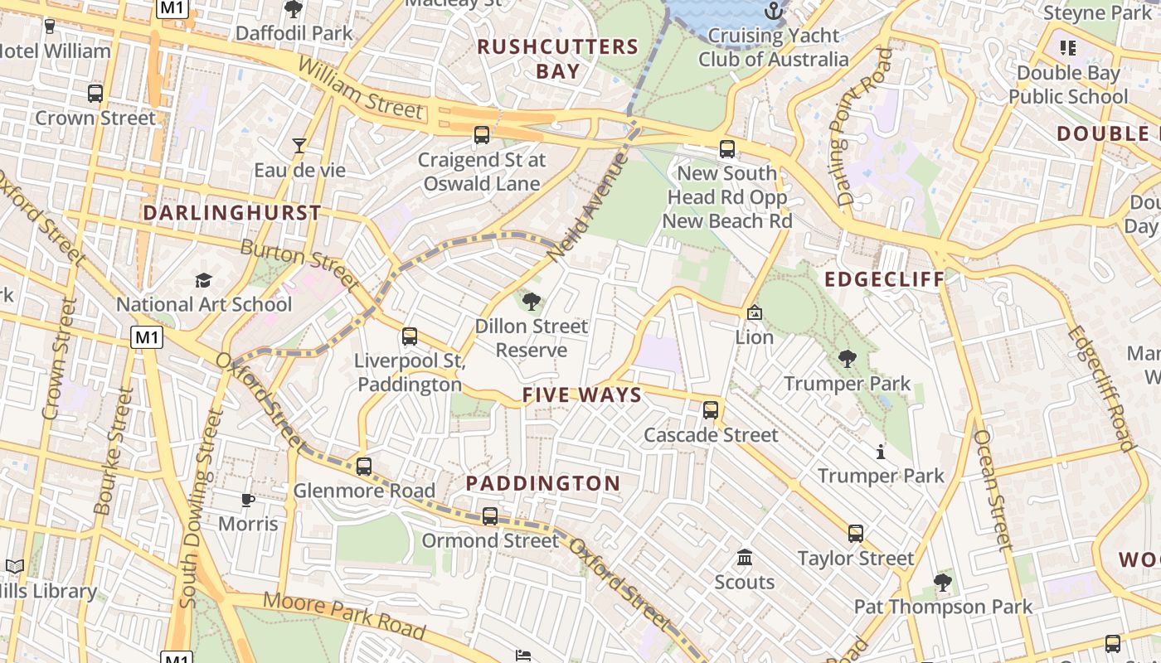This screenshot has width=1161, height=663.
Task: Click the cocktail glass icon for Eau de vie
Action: [x=299, y=146]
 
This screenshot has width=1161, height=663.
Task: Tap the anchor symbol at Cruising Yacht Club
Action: [x=773, y=11]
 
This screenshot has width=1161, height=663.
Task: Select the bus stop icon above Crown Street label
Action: [x=95, y=94]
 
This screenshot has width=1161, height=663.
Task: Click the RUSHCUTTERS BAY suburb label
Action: [x=558, y=59]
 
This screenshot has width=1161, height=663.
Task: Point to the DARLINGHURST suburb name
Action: [x=232, y=213]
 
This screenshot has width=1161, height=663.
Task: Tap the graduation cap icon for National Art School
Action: [x=203, y=280]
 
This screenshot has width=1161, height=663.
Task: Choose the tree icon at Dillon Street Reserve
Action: [x=531, y=301]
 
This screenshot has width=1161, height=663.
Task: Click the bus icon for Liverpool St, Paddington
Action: [x=409, y=336]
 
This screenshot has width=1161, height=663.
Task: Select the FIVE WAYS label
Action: [x=582, y=395]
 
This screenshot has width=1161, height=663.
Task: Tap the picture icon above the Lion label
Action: [x=754, y=312]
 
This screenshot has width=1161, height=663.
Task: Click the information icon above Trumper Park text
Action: [x=880, y=452]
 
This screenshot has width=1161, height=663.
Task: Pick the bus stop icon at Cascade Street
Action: [x=711, y=410]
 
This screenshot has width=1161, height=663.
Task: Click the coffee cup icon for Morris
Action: [x=248, y=500]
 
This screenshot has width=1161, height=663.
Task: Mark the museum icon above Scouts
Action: [x=744, y=557]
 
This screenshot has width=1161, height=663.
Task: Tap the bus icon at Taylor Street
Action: [x=855, y=534]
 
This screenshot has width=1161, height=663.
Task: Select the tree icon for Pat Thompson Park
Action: [x=942, y=583]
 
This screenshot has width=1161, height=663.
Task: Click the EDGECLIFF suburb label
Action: [x=885, y=279]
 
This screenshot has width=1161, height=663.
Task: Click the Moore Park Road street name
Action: [x=344, y=614]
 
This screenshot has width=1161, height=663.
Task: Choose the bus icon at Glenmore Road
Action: [x=363, y=467]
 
